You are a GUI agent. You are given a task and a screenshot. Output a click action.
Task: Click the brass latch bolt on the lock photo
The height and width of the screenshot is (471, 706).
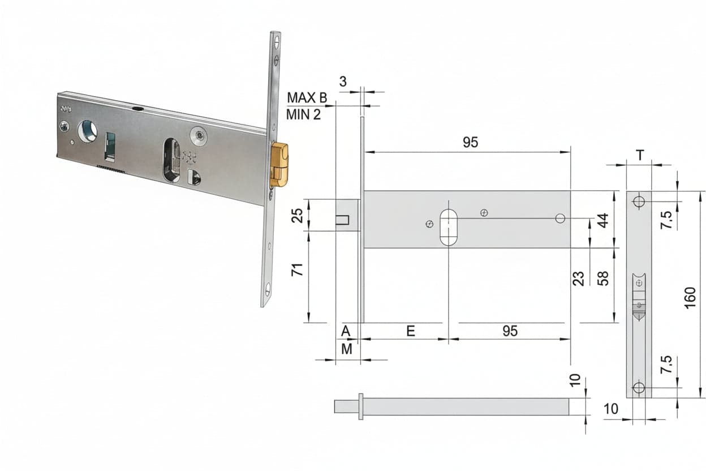[x=279, y=165]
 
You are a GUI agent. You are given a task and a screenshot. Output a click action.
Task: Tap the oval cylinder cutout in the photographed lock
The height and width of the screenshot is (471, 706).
[x=172, y=161]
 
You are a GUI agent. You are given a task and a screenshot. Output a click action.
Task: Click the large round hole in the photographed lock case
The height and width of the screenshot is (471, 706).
[x=87, y=130]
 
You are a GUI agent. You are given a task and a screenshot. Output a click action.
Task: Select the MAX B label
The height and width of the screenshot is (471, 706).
[x=307, y=98]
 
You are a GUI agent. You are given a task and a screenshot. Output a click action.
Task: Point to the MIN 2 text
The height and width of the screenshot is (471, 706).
[x=304, y=114]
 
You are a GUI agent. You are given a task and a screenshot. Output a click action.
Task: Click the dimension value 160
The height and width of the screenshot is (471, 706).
[x=690, y=298]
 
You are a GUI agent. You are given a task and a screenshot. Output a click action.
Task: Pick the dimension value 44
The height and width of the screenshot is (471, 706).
[x=603, y=221]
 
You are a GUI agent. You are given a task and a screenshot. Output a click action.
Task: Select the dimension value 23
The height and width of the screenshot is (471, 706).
[x=579, y=279]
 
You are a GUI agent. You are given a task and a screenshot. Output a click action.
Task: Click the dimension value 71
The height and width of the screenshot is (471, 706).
[x=297, y=269]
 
